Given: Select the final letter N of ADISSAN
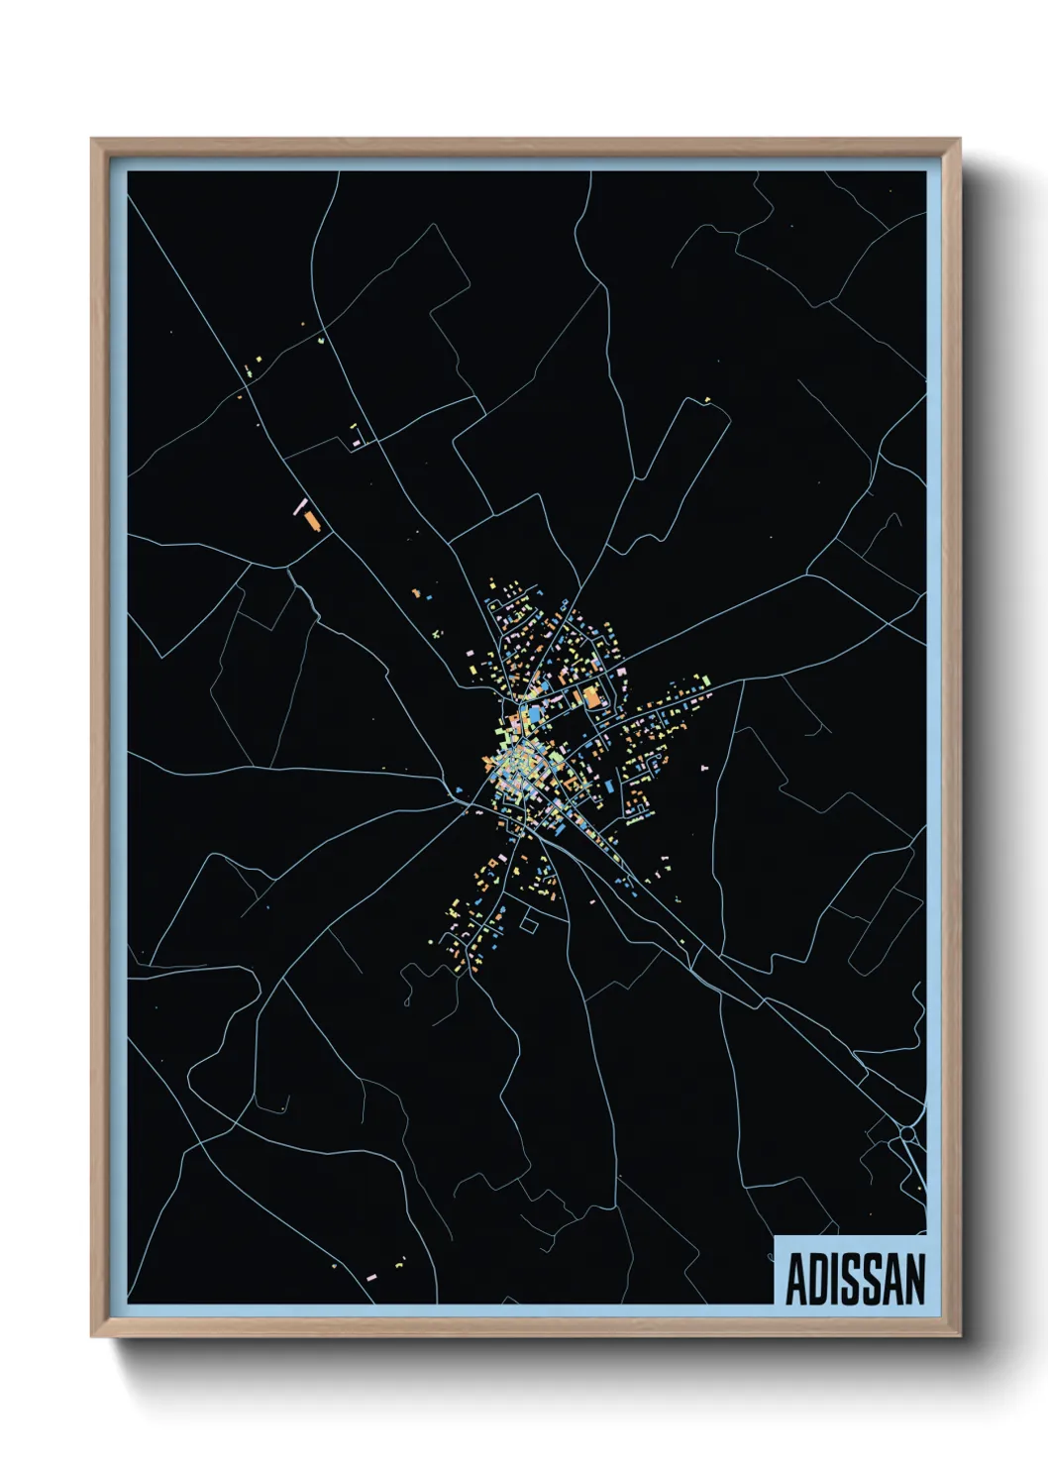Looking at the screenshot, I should pyautogui.click(x=914, y=1280).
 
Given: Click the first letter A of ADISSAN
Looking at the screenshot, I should pyautogui.click(x=795, y=1280).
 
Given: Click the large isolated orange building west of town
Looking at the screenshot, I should pyautogui.click(x=312, y=521).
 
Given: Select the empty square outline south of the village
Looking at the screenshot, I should pyautogui.click(x=528, y=924).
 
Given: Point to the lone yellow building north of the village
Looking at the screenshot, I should pyautogui.click(x=707, y=399).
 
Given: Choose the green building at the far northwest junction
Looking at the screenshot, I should pyautogui.click(x=322, y=340).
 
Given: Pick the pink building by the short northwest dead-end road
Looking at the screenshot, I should pyautogui.click(x=356, y=445).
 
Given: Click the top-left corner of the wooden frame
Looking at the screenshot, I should pyautogui.click(x=92, y=139).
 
